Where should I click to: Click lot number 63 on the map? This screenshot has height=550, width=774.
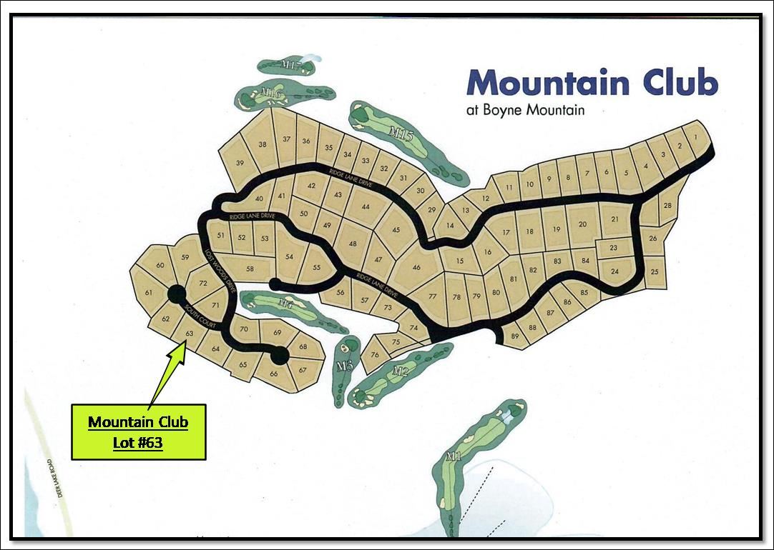click(x=190, y=333)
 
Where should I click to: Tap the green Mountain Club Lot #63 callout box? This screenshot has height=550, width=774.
click(x=138, y=431)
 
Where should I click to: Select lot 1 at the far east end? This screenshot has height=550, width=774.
click(x=695, y=136)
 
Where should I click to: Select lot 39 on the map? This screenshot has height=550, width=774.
click(x=240, y=164)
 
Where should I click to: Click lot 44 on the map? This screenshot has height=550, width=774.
click(x=366, y=206)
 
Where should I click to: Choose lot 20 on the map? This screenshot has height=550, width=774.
click(x=582, y=224)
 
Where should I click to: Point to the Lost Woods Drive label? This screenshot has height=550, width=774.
click(x=220, y=271)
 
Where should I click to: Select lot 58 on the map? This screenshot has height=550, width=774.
click(x=250, y=269)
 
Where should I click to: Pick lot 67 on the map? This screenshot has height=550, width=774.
click(x=303, y=370)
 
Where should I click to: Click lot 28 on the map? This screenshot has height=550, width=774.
click(x=667, y=206)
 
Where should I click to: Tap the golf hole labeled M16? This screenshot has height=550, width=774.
click(x=270, y=93)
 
